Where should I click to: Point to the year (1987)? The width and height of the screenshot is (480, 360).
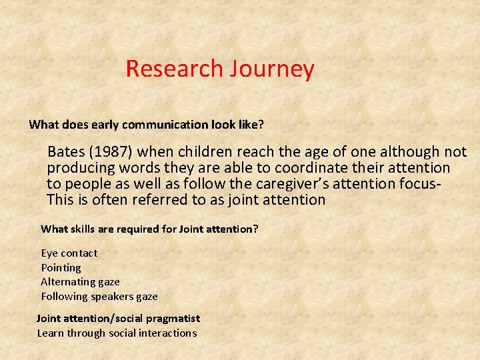pyautogui.click(x=113, y=152)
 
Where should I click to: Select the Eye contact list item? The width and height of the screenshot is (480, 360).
pyautogui.click(x=69, y=253)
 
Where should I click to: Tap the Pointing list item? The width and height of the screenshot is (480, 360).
pyautogui.click(x=61, y=268)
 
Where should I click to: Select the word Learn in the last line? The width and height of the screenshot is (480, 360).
pyautogui.click(x=50, y=333)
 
